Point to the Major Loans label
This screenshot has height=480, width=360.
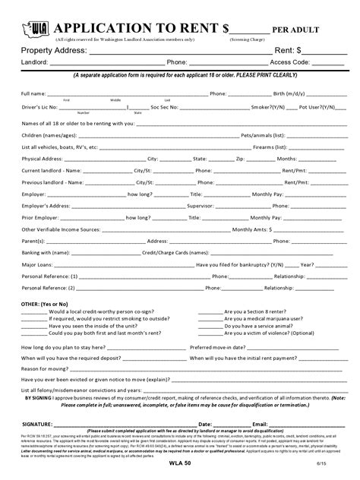click(37, 265)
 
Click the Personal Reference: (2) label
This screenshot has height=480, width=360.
click(49, 289)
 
